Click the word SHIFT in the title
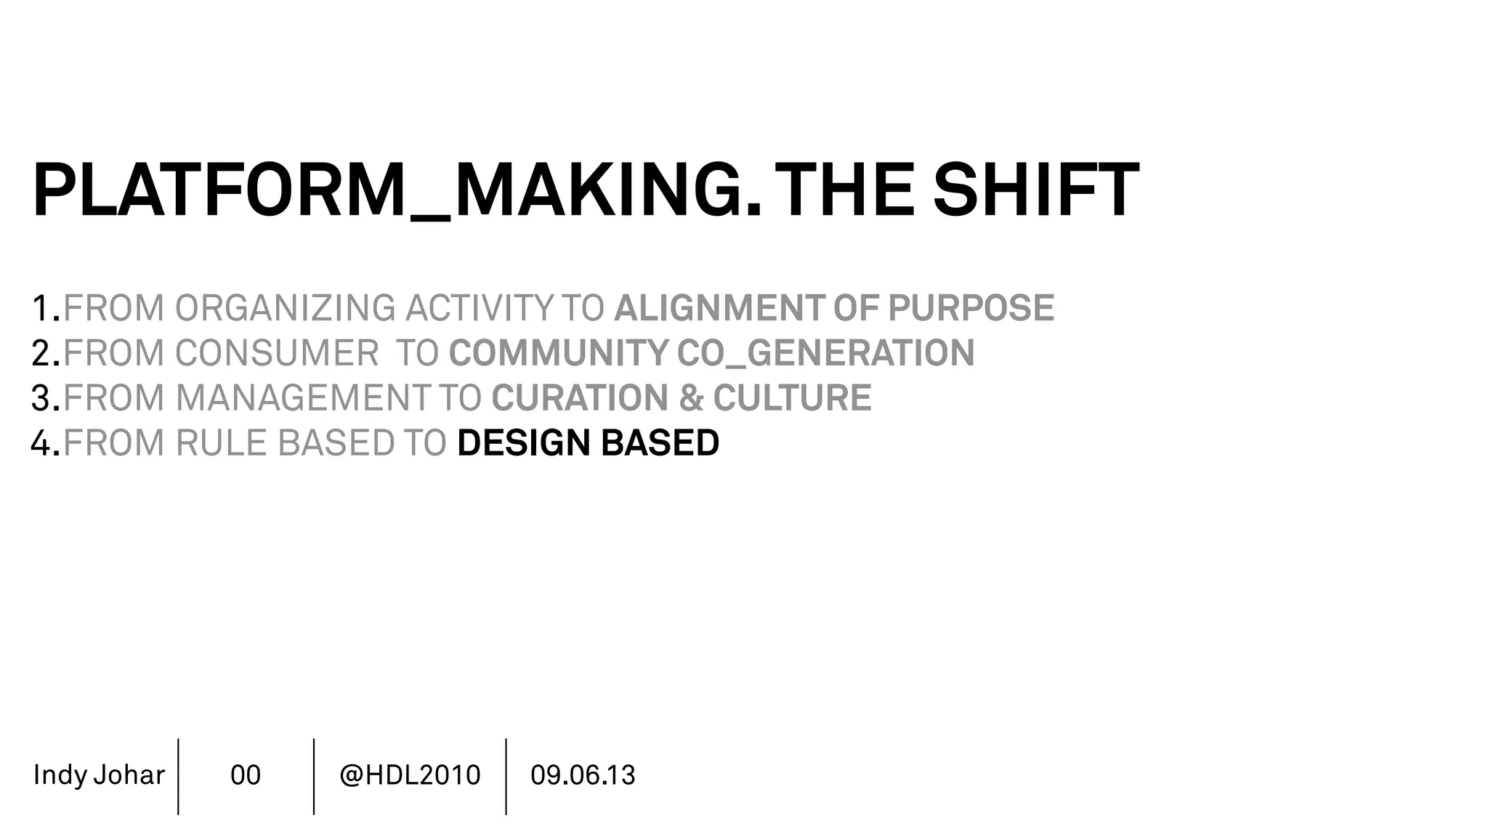pos(1036,190)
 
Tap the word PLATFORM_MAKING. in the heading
pos(397,190)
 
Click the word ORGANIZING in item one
pos(285,308)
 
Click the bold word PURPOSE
pos(971,308)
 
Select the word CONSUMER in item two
pos(277,353)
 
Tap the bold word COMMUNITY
pos(558,353)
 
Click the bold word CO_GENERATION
pos(825,353)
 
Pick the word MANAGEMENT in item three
pos(303,398)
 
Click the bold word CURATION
pos(580,398)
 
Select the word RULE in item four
pos(222,443)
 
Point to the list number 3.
pos(42,398)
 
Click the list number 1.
pos(42,308)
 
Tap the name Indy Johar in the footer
pos(99,775)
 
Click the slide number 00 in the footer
pos(246,775)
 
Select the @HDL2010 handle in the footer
pos(410,775)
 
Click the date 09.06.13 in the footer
pos(583,775)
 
